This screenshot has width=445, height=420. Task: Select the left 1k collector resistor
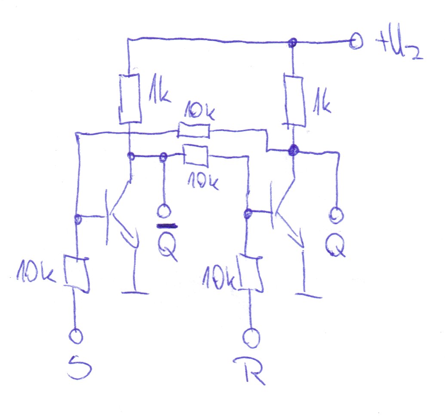coord(130,99)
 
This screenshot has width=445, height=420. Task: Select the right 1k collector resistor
coord(294,101)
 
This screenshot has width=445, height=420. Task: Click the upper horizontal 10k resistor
coord(194,130)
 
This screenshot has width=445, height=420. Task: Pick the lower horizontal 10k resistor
coord(196,155)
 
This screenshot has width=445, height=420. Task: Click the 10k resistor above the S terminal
coord(77,274)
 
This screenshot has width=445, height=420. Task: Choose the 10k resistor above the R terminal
coord(250,273)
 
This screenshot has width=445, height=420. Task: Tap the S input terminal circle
coord(76,336)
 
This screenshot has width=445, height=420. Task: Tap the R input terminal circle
coord(251,338)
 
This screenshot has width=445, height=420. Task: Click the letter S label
coord(80,367)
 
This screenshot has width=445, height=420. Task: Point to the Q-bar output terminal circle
coord(164,211)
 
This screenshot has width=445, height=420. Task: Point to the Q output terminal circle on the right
coord(336,216)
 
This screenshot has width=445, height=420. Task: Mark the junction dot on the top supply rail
coord(292,43)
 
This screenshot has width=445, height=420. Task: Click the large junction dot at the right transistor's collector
coord(293,150)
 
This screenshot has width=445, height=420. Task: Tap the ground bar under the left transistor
coord(135,293)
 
